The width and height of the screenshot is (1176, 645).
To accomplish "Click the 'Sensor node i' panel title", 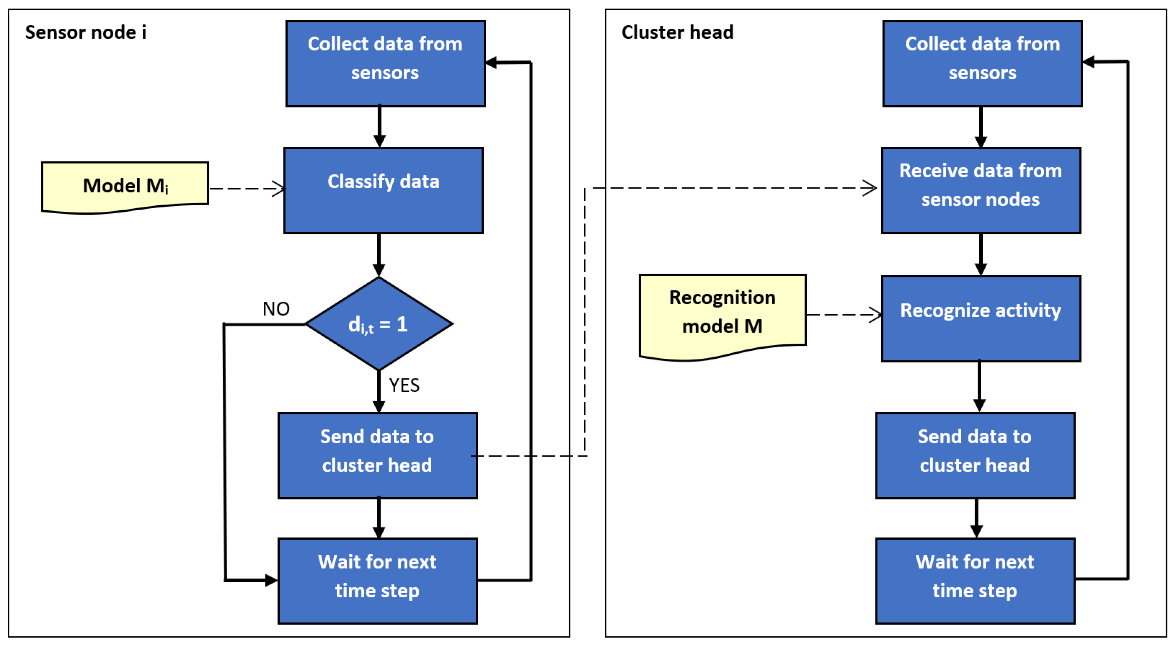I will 85,32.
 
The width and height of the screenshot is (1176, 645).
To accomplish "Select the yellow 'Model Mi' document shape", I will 125,186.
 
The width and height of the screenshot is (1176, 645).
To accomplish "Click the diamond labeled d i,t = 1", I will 379,324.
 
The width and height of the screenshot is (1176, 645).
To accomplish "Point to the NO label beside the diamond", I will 276,309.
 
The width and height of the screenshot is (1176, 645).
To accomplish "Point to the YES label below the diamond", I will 404,386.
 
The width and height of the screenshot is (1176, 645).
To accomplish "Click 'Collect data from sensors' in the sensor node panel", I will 385,63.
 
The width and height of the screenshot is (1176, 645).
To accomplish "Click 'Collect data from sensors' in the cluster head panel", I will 982,63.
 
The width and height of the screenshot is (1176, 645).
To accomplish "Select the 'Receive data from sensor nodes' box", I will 981,190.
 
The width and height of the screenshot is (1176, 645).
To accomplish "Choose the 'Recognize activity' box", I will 981,319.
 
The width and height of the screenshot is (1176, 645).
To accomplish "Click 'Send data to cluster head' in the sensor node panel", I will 378,455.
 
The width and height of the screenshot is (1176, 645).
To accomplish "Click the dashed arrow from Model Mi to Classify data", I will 247,188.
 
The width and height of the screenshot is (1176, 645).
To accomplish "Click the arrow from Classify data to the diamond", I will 379,254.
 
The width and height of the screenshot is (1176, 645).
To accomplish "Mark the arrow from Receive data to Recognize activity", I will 981,254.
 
